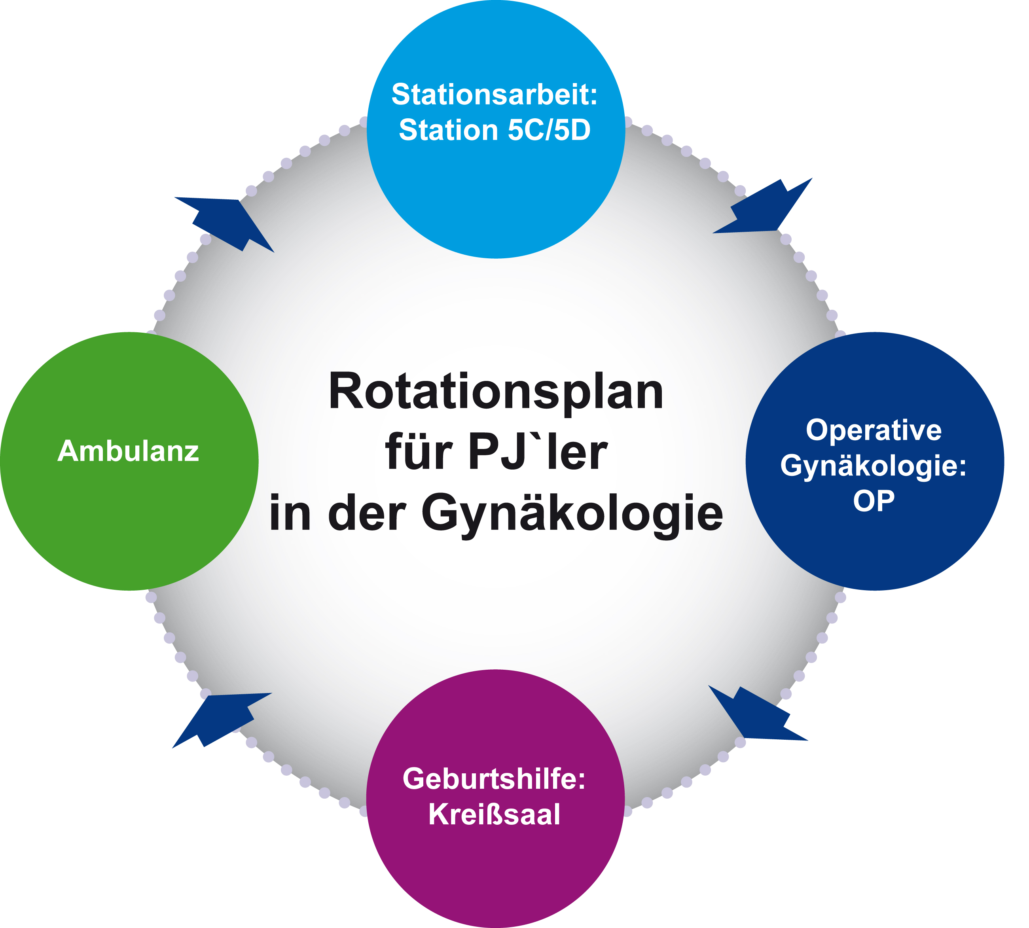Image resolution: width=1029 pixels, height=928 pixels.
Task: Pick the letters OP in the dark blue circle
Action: coord(874,501)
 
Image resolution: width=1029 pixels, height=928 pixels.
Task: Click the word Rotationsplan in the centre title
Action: coord(496,392)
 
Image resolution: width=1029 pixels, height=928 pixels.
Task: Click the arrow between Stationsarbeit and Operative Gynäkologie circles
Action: coord(762,206)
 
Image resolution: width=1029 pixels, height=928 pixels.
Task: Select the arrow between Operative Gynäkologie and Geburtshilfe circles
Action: coord(758,713)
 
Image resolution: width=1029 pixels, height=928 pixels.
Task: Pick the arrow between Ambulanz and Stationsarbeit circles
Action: coord(224,224)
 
